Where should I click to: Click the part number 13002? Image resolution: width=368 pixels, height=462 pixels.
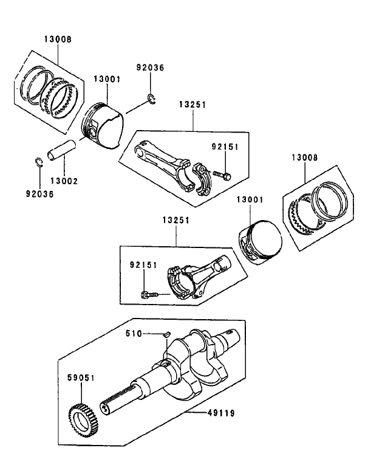64,181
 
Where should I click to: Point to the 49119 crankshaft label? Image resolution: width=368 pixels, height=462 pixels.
220,413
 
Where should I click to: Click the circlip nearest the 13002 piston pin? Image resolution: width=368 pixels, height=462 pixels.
38,162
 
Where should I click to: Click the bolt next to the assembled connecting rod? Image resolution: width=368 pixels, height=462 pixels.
148,295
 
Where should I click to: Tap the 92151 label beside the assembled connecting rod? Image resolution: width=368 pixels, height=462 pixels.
143,265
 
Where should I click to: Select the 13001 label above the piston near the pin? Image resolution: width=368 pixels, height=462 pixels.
107,79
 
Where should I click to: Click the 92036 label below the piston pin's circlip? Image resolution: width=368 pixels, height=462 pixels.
39,194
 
